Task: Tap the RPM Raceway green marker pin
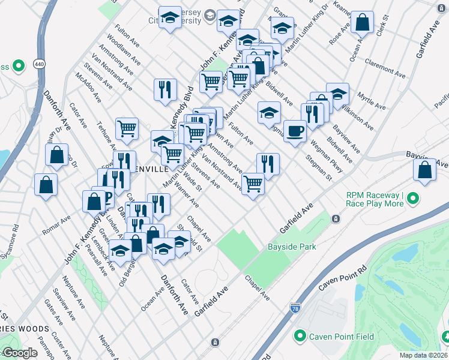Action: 413,200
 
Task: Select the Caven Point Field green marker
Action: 300,337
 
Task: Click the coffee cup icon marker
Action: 294,131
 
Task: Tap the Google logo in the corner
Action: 20,353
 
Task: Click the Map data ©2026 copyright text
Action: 423,355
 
